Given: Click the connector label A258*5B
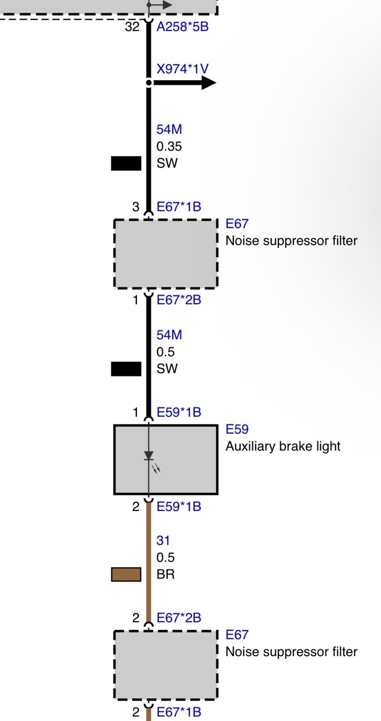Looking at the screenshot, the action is (x=182, y=27).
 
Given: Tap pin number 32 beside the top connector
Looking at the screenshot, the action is (x=132, y=27).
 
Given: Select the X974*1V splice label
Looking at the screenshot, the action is (x=182, y=69).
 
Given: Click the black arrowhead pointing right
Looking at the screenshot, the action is (x=209, y=83).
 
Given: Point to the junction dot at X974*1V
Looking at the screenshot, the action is (x=148, y=83).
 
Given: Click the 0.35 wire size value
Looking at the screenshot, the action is (x=169, y=146).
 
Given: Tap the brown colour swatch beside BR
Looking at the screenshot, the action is (x=126, y=574).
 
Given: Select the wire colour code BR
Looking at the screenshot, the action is (x=165, y=574).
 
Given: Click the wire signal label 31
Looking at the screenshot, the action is (x=163, y=540).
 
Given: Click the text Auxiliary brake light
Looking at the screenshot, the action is (x=283, y=447).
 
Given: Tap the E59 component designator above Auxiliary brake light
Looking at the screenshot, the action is (x=237, y=429).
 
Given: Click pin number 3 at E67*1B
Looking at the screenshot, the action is (x=136, y=207).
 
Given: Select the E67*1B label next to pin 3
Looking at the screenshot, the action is (x=179, y=207).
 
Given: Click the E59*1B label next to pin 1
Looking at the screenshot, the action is (x=179, y=412).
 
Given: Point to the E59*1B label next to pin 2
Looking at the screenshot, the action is (x=179, y=507).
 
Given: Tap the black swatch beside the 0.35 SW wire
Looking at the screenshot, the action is (x=126, y=163).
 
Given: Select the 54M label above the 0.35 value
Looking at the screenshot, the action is (x=169, y=129).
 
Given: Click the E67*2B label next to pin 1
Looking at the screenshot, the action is (x=179, y=300).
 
